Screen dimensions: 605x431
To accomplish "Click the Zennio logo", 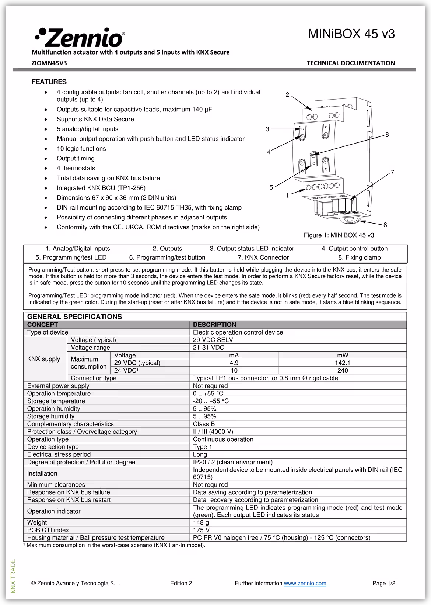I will [x=80, y=37].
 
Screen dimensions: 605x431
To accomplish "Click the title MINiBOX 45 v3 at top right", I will [x=351, y=34].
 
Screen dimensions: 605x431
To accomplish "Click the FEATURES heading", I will [x=49, y=82].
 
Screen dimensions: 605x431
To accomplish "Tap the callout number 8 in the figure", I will [x=385, y=225].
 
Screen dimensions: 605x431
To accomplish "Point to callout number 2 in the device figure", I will [x=287, y=95].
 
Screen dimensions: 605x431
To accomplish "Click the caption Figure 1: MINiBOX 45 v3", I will [x=339, y=235].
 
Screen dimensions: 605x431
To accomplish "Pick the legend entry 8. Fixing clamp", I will [x=359, y=257].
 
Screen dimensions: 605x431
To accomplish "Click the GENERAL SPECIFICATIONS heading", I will [x=74, y=317].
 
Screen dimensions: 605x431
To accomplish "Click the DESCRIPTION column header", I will [x=214, y=325].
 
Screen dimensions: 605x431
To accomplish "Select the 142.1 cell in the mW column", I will [x=343, y=363].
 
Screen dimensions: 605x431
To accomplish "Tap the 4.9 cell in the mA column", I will [x=234, y=363].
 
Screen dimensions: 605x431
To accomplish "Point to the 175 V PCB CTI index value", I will [x=201, y=530].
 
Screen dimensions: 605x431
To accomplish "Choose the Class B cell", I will [x=204, y=424].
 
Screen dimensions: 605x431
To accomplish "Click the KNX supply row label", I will [x=43, y=359].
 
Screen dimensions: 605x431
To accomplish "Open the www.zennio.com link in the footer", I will [x=305, y=583].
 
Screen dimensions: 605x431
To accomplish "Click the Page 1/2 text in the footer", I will [x=384, y=583].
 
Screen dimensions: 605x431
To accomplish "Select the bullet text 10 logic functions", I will [x=81, y=149].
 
